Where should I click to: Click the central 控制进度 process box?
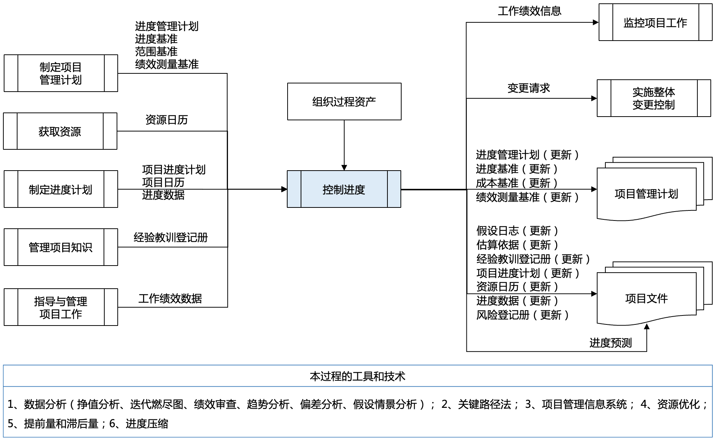point(344,189)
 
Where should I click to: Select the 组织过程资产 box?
point(344,101)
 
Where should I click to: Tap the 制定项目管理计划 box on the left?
point(61,73)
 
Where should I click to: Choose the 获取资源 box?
point(60,131)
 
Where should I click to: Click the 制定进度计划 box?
point(61,189)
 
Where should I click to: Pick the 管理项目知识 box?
point(61,247)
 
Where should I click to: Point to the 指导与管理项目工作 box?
point(61,307)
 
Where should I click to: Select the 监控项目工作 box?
point(655,22)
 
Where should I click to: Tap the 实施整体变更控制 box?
point(653,98)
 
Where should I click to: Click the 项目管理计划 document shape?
point(646,194)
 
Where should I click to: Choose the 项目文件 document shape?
point(646,298)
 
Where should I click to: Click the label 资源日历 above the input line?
point(167,120)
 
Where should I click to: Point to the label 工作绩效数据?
point(170,298)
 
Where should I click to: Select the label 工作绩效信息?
point(529,11)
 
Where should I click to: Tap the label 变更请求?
point(529,88)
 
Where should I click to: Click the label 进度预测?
point(611,343)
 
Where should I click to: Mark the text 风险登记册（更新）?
point(522,315)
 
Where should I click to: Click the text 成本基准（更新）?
point(517,183)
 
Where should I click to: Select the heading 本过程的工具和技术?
point(358,376)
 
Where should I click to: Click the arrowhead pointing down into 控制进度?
point(344,168)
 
